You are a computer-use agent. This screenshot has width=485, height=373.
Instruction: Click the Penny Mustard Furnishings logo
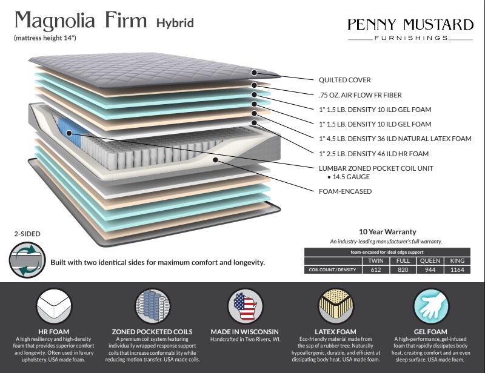(410, 29)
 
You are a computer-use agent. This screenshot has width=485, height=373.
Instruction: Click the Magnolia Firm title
(81, 21)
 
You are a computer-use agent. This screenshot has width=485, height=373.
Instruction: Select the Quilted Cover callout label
(344, 80)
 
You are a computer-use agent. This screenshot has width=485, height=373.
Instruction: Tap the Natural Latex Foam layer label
(395, 139)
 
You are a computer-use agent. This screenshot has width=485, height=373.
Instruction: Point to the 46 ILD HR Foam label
(373, 154)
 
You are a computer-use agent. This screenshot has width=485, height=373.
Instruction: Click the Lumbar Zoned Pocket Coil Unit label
(376, 168)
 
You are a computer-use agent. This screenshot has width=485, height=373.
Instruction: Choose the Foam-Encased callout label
(345, 191)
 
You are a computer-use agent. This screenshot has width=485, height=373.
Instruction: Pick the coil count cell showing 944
(430, 270)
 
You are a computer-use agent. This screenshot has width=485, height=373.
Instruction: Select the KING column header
(457, 261)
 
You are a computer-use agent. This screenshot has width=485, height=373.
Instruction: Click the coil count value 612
(376, 270)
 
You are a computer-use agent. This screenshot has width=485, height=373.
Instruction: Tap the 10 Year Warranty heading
(387, 232)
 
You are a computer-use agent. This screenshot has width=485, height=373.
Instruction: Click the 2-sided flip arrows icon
(27, 260)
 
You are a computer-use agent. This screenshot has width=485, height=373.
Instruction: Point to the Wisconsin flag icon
(246, 306)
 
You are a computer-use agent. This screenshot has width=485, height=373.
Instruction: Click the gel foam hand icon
(430, 306)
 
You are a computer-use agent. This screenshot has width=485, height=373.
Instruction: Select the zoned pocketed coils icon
(153, 306)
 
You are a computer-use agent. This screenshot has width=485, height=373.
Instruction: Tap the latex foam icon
(336, 306)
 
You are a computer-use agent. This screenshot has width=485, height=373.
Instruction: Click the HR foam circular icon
(54, 306)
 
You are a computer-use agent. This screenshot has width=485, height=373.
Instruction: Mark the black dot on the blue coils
(69, 133)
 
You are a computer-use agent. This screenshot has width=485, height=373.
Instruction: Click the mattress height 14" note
(45, 38)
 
